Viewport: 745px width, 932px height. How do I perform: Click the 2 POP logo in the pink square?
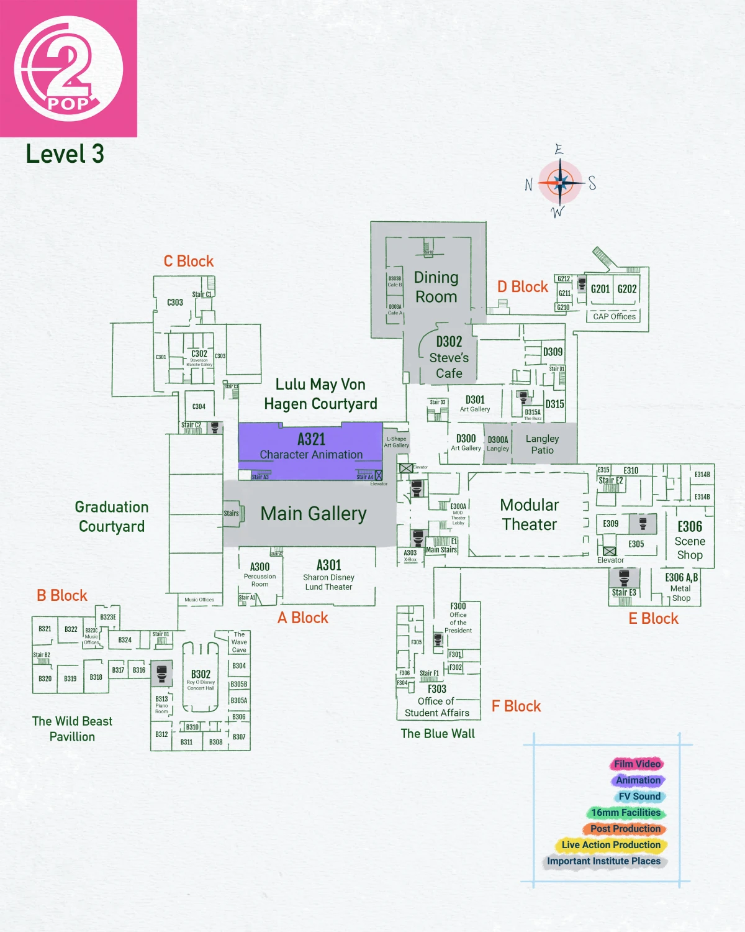(x=68, y=68)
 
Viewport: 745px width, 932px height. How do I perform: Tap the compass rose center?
(x=561, y=183)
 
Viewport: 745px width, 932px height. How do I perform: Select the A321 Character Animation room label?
(x=311, y=446)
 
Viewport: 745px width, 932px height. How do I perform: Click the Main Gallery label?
(x=314, y=514)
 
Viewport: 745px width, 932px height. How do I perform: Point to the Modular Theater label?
(x=530, y=514)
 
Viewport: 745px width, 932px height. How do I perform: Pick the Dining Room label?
(x=436, y=287)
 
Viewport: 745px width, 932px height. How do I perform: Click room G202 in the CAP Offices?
(x=627, y=289)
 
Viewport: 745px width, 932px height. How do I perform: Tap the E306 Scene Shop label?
(x=690, y=540)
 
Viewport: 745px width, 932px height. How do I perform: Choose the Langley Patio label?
(x=543, y=444)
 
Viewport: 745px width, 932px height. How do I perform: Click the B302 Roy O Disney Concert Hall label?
(x=201, y=678)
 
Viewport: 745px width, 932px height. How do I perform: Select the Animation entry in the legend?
(x=638, y=780)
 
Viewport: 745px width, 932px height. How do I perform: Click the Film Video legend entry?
(x=637, y=764)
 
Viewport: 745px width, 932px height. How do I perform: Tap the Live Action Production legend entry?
(x=611, y=845)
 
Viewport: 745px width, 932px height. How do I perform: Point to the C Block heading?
(x=189, y=261)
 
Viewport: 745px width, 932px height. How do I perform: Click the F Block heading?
(x=517, y=706)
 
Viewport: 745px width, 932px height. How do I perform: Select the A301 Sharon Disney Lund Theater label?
(x=328, y=575)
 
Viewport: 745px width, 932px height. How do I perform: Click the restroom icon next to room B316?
(x=162, y=673)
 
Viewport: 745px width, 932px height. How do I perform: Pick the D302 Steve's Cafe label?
(x=449, y=357)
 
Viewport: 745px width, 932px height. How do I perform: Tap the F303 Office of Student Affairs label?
(x=437, y=701)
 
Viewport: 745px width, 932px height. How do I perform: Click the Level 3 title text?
(x=65, y=154)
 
